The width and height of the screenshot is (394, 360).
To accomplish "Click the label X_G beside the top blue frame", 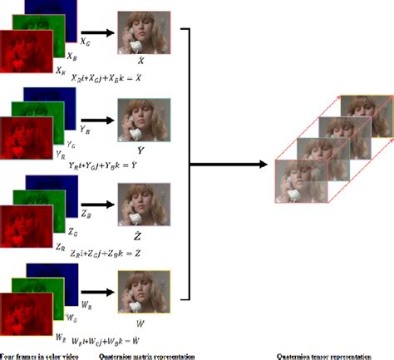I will pyautogui.click(x=86, y=40).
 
